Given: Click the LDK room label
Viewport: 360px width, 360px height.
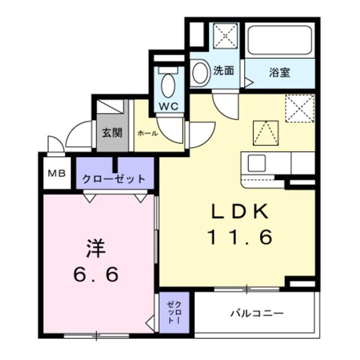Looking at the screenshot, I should (240, 211).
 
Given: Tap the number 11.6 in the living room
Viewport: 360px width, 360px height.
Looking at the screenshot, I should (240, 236).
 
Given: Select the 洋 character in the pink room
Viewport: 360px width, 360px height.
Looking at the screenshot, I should (96, 248).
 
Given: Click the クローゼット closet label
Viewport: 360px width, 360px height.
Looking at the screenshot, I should (114, 179).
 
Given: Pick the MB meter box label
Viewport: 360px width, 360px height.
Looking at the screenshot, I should (56, 173).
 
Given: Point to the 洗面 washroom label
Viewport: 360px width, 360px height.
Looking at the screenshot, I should (223, 71).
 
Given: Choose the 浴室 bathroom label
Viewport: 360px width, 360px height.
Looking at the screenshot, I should (279, 71).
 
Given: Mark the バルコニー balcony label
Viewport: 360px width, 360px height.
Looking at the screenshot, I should (257, 313).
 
